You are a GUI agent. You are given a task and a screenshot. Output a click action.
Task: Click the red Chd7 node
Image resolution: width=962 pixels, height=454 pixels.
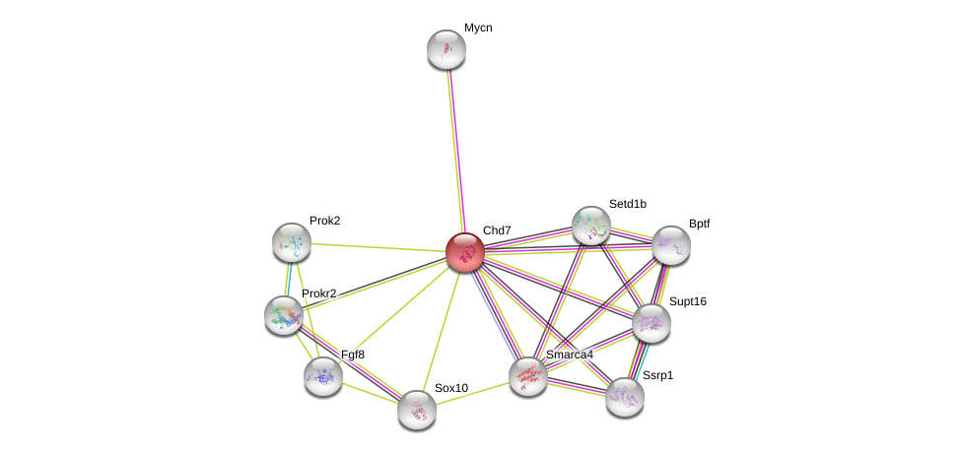[x=464, y=252]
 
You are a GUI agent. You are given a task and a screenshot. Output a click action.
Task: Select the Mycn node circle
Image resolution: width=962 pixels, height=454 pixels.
[x=446, y=49]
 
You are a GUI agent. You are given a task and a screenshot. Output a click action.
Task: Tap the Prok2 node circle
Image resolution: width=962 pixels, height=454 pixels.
[x=292, y=242]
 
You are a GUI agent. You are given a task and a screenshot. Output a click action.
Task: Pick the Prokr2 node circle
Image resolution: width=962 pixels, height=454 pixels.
[x=284, y=315]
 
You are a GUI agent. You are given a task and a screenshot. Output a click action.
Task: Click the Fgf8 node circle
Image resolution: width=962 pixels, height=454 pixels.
[x=323, y=375]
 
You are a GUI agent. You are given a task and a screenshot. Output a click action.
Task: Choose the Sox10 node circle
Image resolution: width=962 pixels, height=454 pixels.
[x=417, y=410]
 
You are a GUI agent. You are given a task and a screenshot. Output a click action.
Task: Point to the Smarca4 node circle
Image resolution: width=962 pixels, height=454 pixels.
[x=528, y=375]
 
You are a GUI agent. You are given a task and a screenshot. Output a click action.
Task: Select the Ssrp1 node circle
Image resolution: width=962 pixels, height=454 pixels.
[x=625, y=396]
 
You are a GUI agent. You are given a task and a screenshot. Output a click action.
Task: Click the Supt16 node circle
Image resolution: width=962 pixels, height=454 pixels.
[x=652, y=322]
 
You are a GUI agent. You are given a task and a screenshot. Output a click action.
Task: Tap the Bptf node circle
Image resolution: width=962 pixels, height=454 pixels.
[x=671, y=245]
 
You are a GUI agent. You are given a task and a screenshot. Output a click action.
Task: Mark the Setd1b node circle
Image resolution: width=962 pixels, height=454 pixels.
[x=591, y=226]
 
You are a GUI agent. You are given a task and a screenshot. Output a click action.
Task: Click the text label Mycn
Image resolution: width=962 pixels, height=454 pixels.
[x=478, y=29]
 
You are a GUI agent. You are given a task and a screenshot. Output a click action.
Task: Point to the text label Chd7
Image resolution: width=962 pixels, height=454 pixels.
[x=497, y=230]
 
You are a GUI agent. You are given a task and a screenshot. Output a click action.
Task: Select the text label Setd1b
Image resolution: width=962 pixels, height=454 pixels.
[x=627, y=204]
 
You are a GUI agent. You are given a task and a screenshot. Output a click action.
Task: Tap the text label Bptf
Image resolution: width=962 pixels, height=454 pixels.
[x=699, y=224]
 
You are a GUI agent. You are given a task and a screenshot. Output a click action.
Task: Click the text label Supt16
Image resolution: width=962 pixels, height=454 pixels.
[x=687, y=301]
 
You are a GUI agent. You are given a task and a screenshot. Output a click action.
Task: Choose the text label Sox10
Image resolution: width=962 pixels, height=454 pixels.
[x=451, y=388]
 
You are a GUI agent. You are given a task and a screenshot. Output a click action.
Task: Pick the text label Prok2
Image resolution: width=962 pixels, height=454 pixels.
[x=324, y=221]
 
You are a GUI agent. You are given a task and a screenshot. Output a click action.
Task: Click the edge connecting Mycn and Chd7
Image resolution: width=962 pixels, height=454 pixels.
[x=454, y=148]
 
